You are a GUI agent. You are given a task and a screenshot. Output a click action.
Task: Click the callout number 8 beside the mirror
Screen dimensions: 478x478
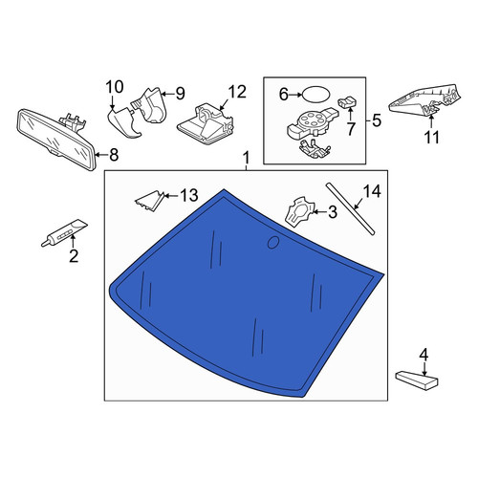point(114,155)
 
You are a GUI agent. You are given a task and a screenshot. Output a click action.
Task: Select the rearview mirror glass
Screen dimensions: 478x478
point(56,139)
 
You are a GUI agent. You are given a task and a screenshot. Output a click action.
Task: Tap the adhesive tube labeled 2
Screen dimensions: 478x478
point(64,232)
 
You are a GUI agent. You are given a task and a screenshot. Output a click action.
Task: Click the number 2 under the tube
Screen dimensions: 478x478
point(74,256)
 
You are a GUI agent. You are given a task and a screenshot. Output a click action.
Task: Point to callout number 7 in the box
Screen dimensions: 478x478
point(351,129)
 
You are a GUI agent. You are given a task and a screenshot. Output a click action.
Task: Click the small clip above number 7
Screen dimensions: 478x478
point(347,102)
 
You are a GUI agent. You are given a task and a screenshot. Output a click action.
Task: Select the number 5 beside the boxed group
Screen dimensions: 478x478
point(377,121)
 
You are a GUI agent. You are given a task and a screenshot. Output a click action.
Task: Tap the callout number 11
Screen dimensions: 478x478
point(431,138)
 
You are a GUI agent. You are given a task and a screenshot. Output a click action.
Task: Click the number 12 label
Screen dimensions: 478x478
point(237,92)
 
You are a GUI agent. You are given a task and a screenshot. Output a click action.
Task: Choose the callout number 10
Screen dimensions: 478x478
point(115,87)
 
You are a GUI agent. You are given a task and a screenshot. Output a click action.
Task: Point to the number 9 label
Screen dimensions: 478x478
point(180,94)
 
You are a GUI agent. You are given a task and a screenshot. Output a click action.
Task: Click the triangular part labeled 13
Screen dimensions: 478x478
point(150,201)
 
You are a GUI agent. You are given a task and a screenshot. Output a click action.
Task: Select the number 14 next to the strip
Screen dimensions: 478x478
point(372,191)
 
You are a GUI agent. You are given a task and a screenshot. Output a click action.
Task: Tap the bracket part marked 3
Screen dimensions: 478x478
point(299,212)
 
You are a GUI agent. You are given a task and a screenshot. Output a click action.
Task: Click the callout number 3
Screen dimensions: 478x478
point(333,212)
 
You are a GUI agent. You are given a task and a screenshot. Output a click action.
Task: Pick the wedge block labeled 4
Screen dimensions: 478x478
point(417,380)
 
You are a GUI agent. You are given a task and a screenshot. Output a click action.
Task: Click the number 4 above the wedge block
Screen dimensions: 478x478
point(424,356)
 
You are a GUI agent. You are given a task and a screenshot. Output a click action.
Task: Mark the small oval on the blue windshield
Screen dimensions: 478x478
point(273,242)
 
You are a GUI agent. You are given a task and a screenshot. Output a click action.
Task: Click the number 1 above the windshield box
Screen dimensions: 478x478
point(247,159)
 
